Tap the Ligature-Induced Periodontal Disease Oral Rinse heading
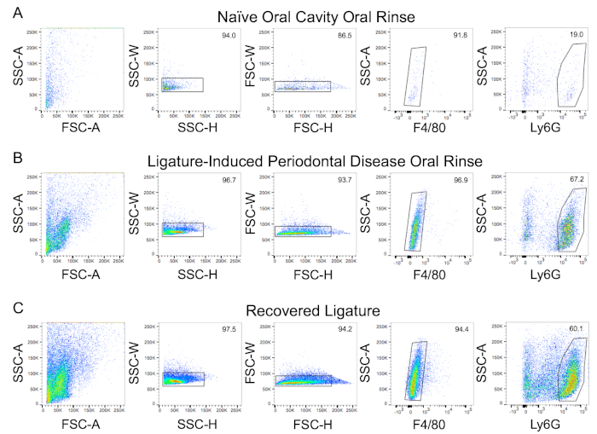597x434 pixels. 316,160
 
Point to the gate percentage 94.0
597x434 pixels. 226,37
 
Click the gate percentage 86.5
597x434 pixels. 342,37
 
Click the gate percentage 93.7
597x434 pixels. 342,182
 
